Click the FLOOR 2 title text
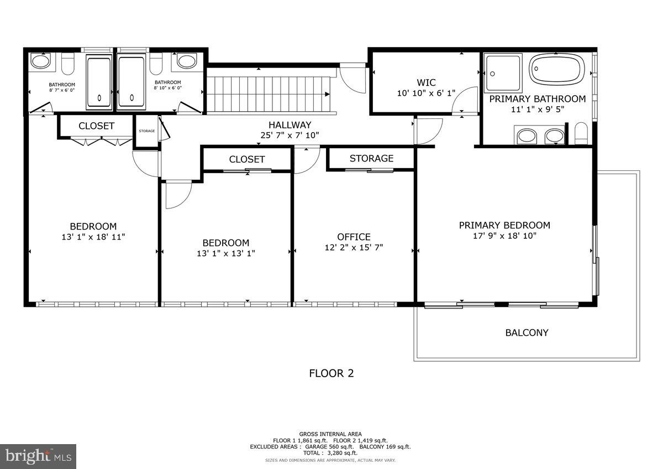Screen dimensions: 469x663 (331, 373)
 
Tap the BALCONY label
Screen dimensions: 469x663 (527, 333)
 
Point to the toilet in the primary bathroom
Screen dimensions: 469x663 (580, 134)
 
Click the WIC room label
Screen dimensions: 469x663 (426, 83)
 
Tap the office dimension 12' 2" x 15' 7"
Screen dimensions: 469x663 (354, 248)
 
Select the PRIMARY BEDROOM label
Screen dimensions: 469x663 (504, 225)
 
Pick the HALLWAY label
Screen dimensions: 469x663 (290, 125)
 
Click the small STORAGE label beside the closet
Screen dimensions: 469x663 (146, 131)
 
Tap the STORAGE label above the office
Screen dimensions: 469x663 (371, 159)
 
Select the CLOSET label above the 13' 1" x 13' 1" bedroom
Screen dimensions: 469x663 (247, 159)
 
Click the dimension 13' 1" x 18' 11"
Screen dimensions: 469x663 (93, 237)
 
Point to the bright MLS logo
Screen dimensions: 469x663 (38, 456)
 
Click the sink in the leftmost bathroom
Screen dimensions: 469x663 (40, 61)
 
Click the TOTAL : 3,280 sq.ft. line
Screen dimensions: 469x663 (331, 453)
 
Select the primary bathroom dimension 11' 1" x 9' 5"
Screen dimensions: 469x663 (537, 110)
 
